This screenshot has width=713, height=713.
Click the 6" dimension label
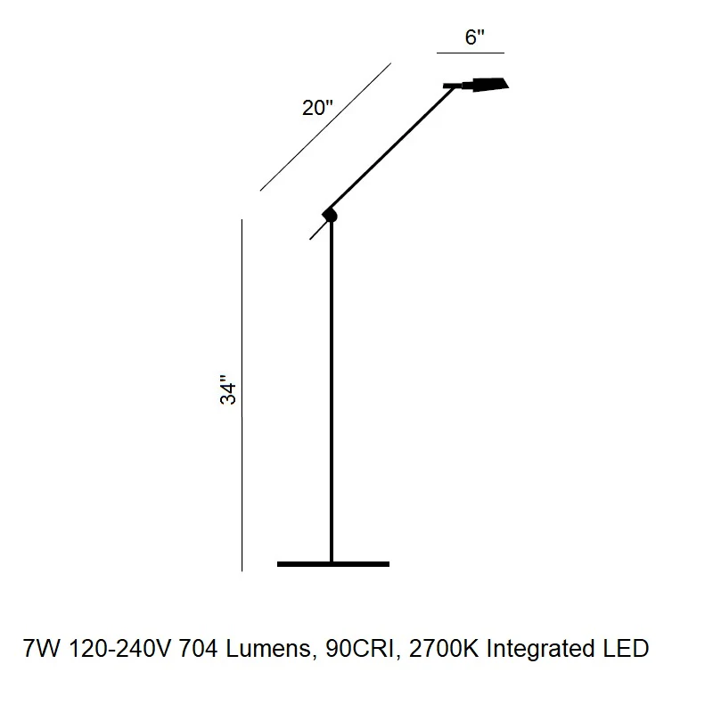[474, 37]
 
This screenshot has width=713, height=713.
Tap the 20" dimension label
[317, 108]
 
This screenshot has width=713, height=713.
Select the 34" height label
[228, 389]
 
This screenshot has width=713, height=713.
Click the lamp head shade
[489, 85]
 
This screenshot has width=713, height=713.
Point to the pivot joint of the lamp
[330, 215]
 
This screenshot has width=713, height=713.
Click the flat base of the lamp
[333, 564]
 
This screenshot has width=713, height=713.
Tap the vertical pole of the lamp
[332, 391]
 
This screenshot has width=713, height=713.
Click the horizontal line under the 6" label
[471, 53]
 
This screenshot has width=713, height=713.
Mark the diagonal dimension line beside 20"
[325, 127]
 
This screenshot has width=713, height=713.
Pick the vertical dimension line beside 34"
[242, 395]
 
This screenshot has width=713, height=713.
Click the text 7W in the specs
[41, 649]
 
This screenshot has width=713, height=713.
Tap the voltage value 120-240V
[119, 649]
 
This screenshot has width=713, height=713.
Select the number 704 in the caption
[198, 649]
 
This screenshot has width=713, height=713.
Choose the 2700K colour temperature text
[444, 649]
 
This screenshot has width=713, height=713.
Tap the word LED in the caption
[627, 649]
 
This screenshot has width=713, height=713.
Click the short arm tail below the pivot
[317, 231]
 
